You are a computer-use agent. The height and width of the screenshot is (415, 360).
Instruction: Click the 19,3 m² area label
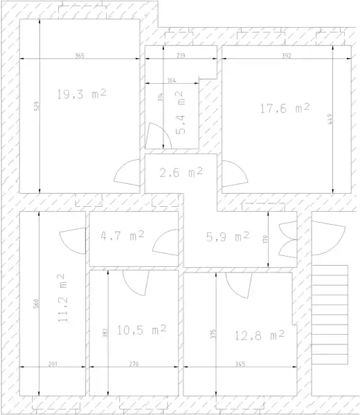[82, 94]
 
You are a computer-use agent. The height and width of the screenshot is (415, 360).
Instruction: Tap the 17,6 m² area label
[285, 109]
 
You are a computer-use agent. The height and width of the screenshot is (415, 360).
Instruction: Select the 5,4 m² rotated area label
[180, 113]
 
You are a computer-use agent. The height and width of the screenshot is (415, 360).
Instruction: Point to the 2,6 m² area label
[181, 172]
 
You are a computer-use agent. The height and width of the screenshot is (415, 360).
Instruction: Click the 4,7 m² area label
[123, 235]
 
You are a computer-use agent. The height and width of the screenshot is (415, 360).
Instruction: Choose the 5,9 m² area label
[228, 237]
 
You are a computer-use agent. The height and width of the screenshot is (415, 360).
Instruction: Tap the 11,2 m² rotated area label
[62, 298]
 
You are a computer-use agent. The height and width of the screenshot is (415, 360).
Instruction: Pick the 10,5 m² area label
[141, 330]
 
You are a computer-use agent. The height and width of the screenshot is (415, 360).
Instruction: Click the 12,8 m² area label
[260, 335]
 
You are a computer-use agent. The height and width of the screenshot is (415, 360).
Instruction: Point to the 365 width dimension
[80, 55]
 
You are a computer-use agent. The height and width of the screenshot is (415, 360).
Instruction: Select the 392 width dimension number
[287, 55]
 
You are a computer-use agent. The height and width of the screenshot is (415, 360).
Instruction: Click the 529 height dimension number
[37, 106]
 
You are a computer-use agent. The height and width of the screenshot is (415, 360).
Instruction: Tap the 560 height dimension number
[36, 304]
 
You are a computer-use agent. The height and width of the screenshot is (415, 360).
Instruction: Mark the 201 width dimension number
[53, 364]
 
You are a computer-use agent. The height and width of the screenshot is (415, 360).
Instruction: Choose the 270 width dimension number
[134, 364]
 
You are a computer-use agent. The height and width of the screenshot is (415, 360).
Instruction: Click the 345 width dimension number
[240, 364]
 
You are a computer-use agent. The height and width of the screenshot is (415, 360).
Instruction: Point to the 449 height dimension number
[330, 118]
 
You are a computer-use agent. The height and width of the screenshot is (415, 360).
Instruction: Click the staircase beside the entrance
[330, 315]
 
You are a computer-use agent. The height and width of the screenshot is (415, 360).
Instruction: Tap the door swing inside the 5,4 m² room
[158, 136]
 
